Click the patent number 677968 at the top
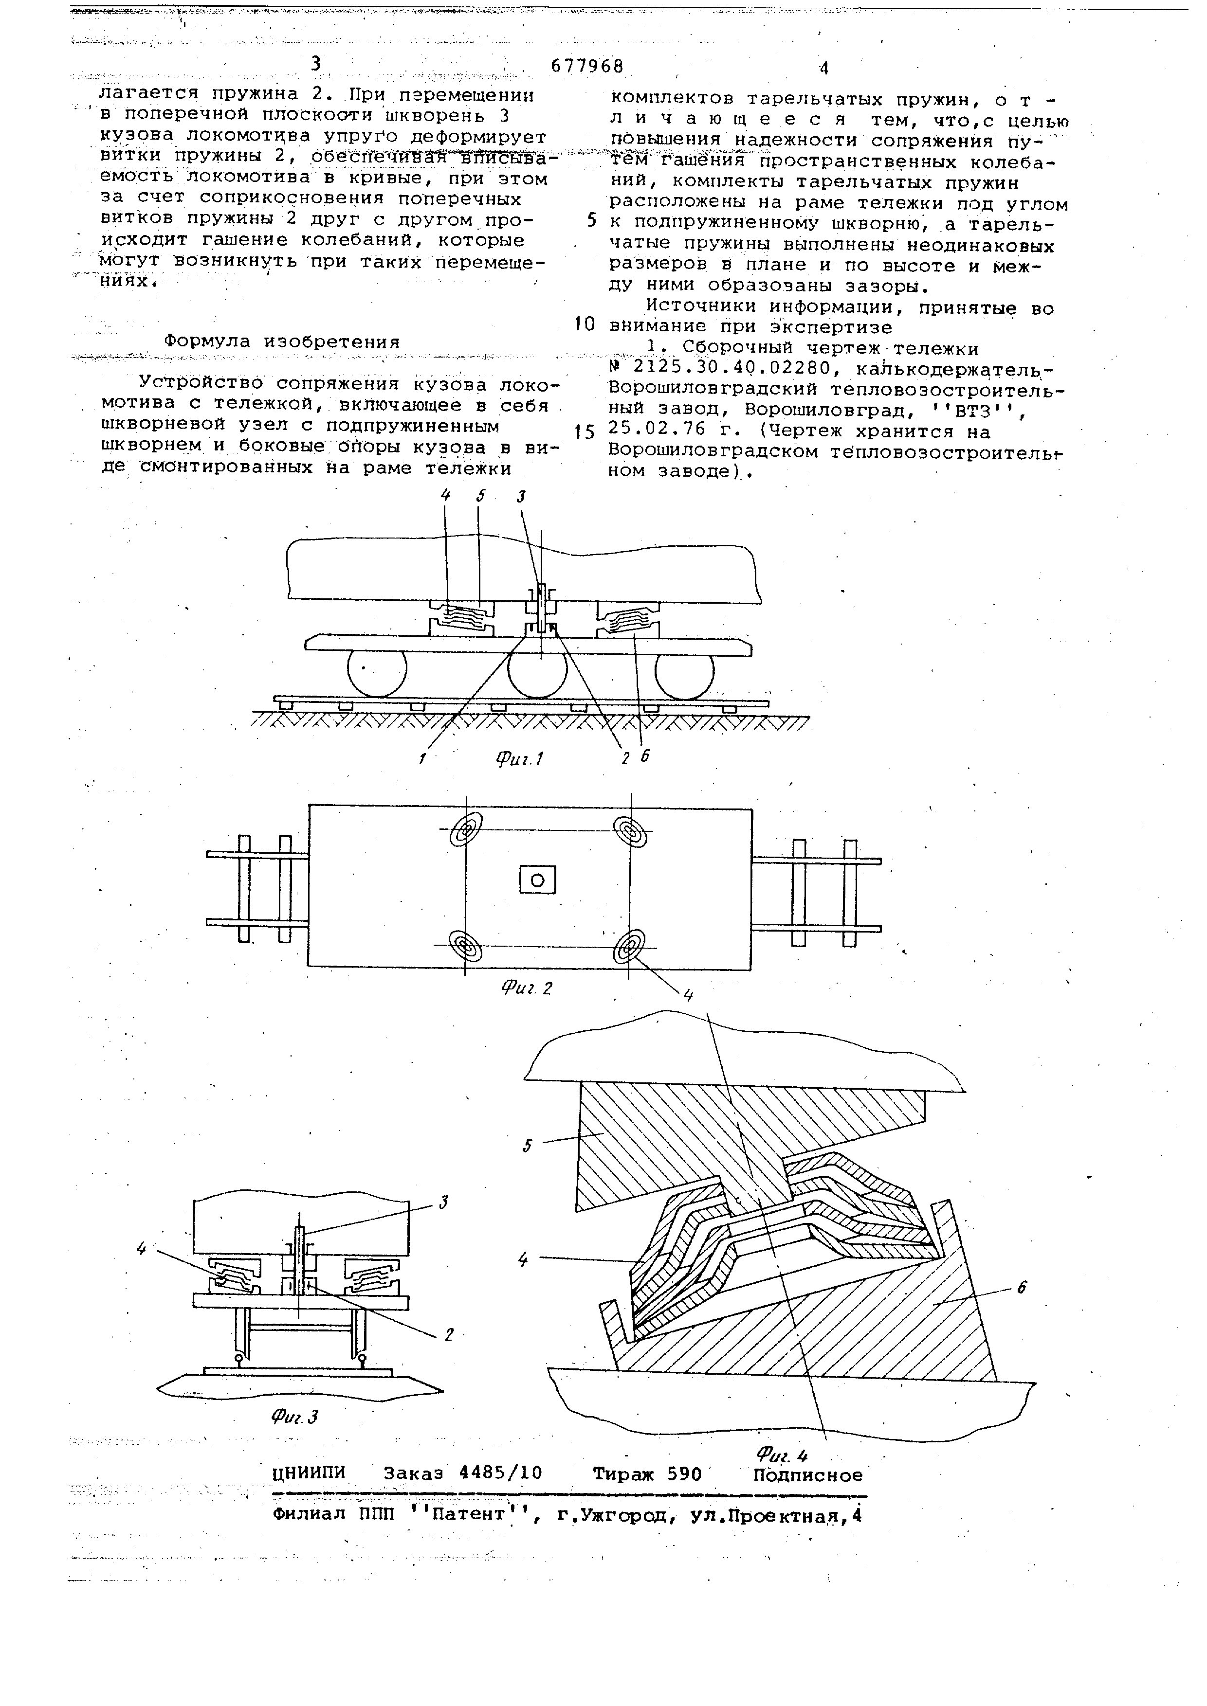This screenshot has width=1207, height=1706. pyautogui.click(x=586, y=67)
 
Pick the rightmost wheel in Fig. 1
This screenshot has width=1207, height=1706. pyautogui.click(x=684, y=672)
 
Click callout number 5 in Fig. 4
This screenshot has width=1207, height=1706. pyautogui.click(x=527, y=1145)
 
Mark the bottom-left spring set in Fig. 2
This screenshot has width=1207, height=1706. pyautogui.click(x=466, y=947)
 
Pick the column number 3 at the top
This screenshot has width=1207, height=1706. pyautogui.click(x=316, y=64)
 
